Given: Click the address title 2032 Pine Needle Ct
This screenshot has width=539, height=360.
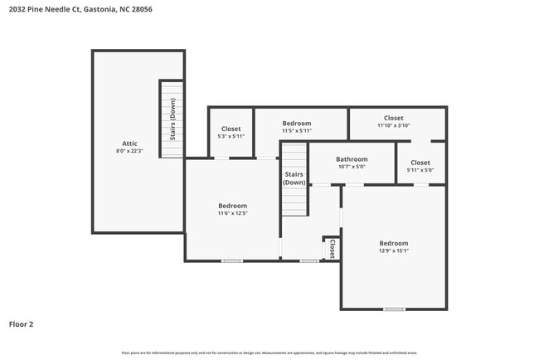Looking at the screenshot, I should click(x=80, y=9).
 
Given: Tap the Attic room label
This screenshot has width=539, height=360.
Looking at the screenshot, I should click(x=129, y=144).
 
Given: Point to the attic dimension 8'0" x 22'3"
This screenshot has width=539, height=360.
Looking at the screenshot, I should click(x=129, y=151).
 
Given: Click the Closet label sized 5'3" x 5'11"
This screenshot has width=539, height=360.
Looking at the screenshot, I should click(x=230, y=129).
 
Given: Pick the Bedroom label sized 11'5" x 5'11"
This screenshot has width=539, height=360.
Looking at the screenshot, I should click(x=296, y=124).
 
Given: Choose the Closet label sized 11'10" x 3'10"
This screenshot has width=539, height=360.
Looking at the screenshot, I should click(x=393, y=118).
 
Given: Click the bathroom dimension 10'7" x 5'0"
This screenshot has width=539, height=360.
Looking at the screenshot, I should click(x=352, y=166).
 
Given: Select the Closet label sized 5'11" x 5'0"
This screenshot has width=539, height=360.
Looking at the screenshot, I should click(x=420, y=163).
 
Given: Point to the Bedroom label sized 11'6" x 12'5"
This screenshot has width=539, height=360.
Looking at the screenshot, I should click(x=232, y=206).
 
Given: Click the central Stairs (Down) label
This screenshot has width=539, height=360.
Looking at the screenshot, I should click(x=294, y=178).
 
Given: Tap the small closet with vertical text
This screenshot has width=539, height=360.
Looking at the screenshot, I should click(x=332, y=248).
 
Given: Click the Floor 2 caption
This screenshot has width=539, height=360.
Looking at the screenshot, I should click(x=21, y=324).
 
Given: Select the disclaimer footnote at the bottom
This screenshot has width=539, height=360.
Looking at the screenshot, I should click(x=269, y=353).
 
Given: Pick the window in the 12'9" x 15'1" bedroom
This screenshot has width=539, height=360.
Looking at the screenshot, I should click(x=394, y=309).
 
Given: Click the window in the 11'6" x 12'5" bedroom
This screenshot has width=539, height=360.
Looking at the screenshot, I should click(x=231, y=261).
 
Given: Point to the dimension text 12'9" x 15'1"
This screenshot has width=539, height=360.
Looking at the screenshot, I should click(x=393, y=251).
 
